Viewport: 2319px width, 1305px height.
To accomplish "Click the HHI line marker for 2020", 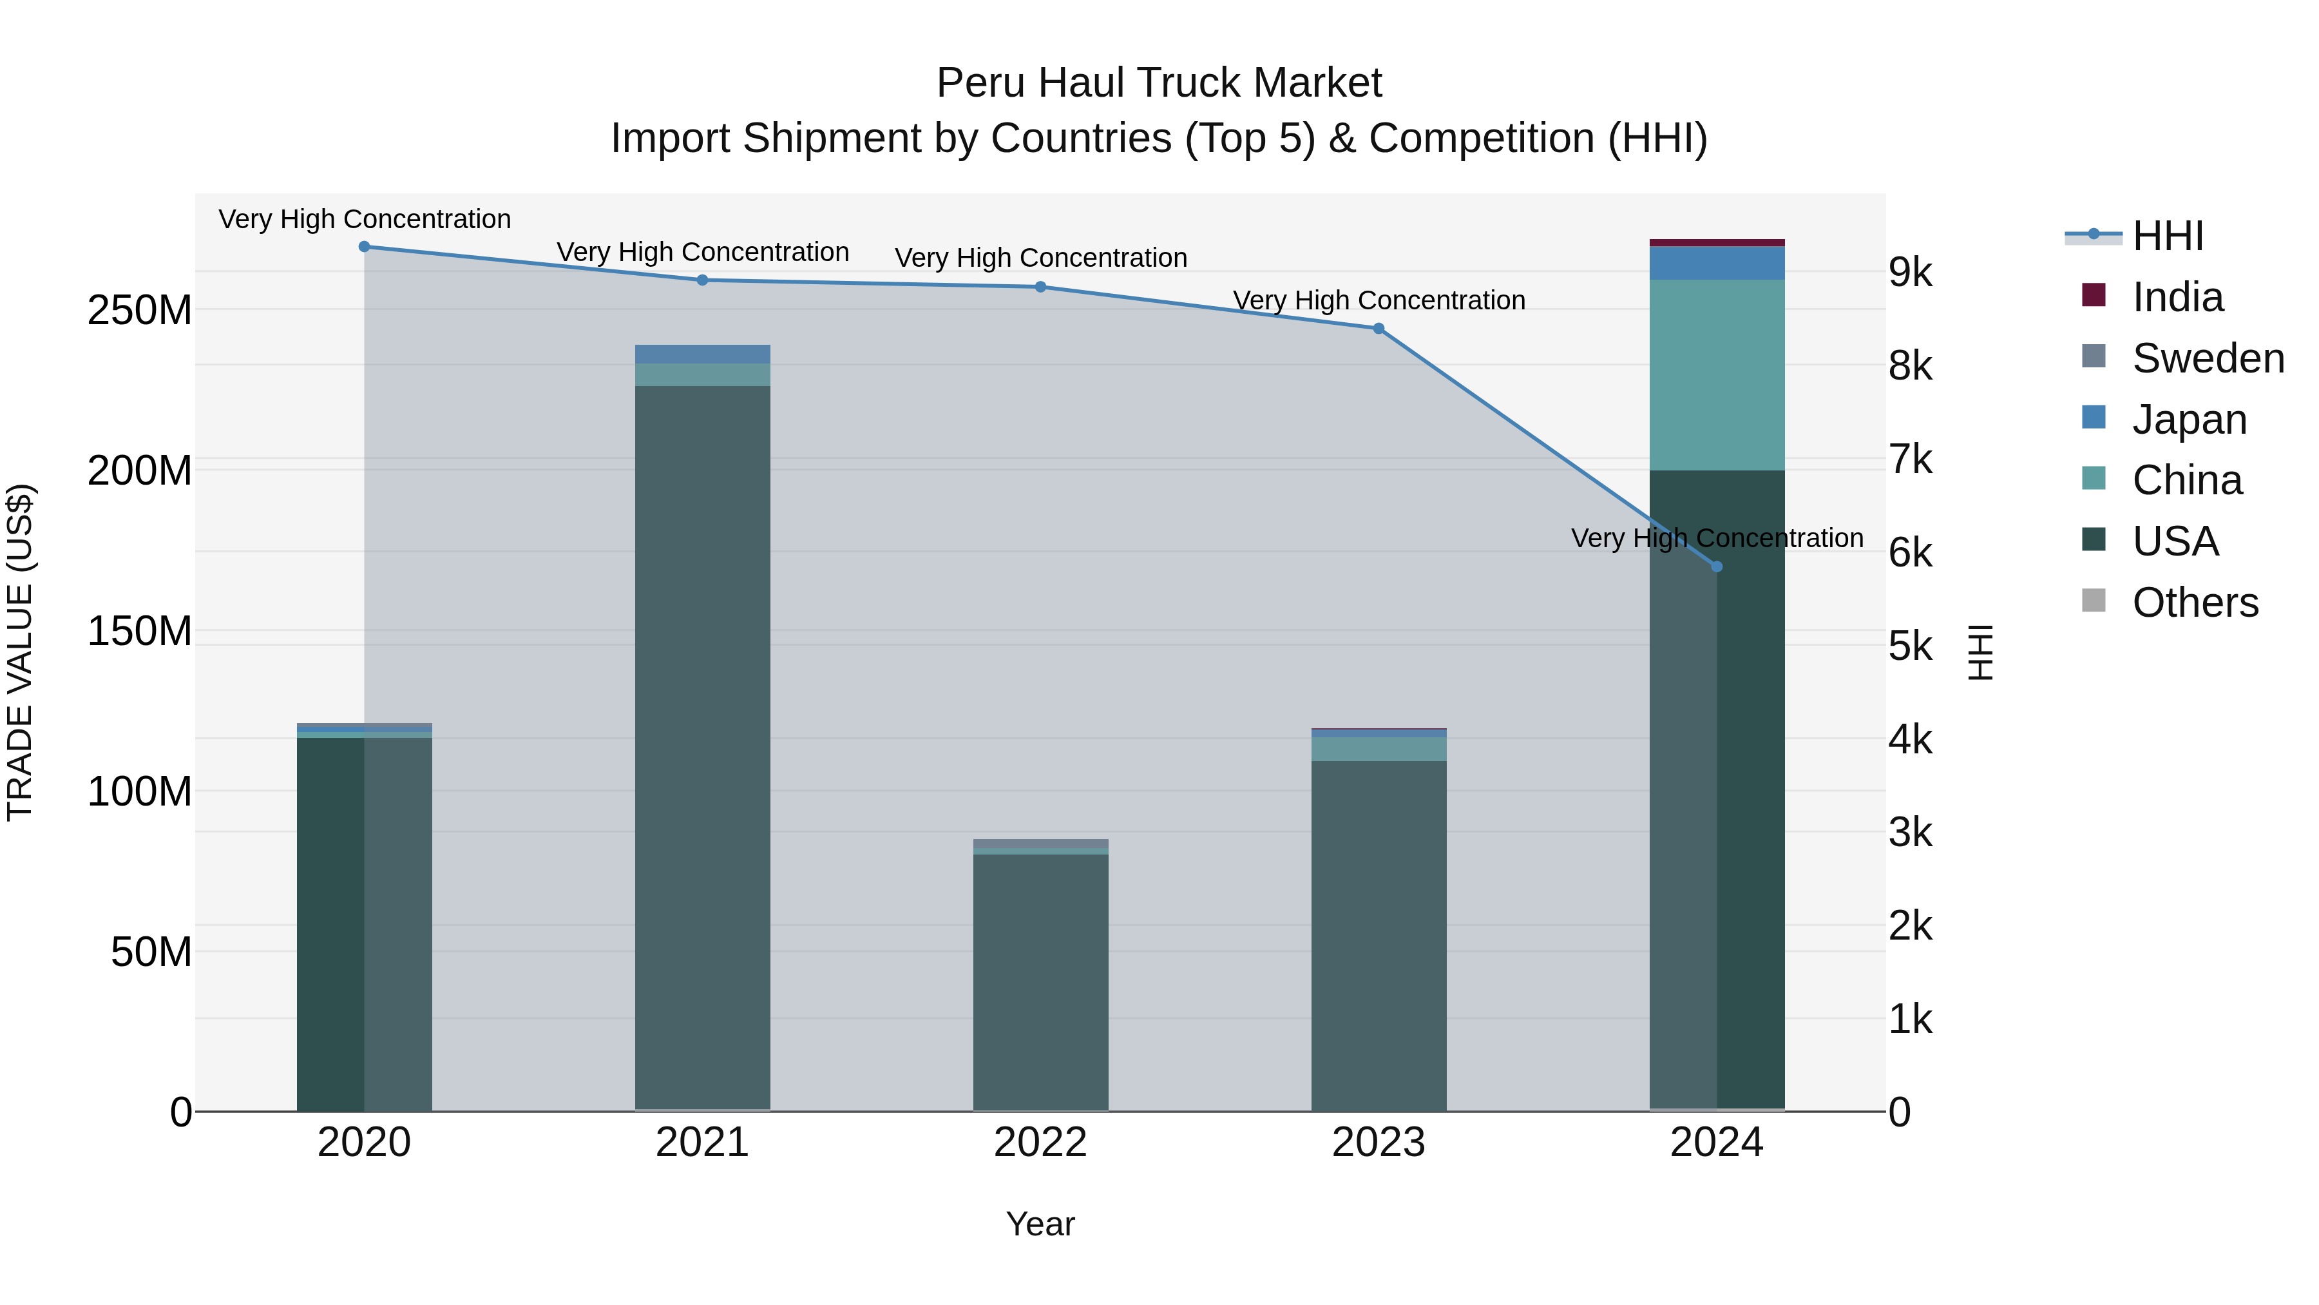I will click(365, 247).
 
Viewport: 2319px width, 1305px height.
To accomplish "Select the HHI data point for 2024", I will click(1716, 566).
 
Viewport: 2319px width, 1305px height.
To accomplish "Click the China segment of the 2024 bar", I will click(1716, 374).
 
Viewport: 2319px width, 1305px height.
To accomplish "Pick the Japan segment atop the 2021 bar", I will click(702, 354).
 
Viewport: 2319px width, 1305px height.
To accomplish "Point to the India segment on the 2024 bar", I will click(1716, 243).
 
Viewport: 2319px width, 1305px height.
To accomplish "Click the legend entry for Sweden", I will click(2208, 358).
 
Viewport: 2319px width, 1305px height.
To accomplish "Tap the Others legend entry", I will click(2194, 603).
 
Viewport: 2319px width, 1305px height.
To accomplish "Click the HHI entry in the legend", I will click(2167, 236).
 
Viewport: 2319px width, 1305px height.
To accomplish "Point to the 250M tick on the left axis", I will click(140, 311).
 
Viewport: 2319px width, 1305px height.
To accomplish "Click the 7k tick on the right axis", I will click(1911, 459).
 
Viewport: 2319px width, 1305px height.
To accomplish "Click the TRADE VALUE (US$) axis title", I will click(21, 652).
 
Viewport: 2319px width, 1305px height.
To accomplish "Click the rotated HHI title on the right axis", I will click(1981, 652).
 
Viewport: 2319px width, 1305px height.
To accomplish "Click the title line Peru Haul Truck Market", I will click(1159, 83).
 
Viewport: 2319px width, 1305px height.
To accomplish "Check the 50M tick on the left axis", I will click(151, 952).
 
